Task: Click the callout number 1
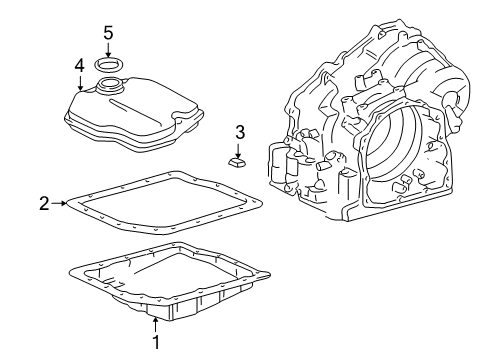(x=155, y=343)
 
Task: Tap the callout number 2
(x=44, y=203)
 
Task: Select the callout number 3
(x=239, y=131)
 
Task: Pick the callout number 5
(x=108, y=33)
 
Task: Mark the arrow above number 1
(x=155, y=322)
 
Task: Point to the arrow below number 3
(x=239, y=147)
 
